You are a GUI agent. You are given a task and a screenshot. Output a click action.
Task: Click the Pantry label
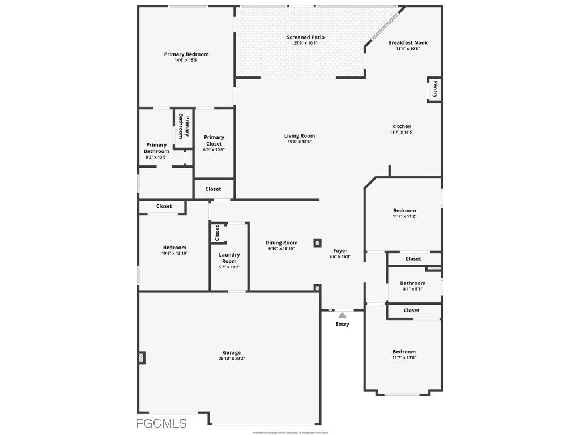435,89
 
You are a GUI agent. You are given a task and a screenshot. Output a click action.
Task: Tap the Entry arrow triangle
342,315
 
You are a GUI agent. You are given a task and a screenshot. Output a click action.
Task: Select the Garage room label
232,352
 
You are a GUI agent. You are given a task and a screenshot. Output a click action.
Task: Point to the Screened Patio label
305,37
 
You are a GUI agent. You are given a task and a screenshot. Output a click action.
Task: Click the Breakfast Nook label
408,42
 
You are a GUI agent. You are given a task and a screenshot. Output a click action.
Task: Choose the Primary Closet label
214,140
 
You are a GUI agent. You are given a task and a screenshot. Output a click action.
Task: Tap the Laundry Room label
229,258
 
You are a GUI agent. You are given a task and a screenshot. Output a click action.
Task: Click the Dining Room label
282,242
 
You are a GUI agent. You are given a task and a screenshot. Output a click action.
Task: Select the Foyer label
340,250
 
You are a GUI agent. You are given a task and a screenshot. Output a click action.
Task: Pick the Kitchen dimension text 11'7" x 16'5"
402,133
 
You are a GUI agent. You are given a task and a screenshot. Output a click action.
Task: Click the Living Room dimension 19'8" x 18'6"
300,142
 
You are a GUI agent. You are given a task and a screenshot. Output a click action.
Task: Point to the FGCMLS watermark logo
163,423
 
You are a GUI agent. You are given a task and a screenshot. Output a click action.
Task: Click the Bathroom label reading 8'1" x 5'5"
412,283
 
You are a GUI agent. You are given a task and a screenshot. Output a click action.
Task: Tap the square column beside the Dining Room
317,243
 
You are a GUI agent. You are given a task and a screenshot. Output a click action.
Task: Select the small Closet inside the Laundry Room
217,232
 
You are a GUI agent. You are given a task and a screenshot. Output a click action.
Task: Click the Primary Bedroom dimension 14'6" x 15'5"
186,60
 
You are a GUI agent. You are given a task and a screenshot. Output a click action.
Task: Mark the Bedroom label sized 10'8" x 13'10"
174,248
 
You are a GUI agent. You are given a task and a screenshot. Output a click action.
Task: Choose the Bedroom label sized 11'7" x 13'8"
404,352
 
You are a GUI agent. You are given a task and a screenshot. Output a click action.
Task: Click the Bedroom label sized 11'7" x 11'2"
404,211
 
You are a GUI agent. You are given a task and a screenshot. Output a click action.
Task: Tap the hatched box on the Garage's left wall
142,357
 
